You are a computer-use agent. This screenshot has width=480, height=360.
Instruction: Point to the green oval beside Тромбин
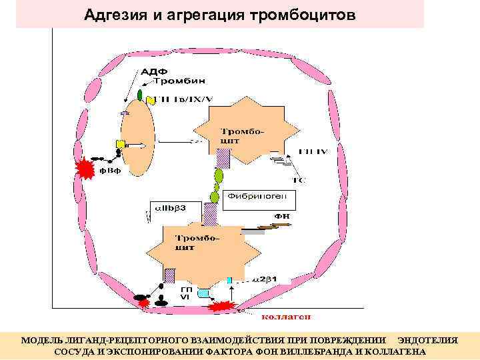tap(141, 93)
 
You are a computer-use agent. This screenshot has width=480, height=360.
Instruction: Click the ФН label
tap(283, 216)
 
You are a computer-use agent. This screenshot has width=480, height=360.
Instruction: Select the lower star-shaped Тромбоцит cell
tap(193, 250)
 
